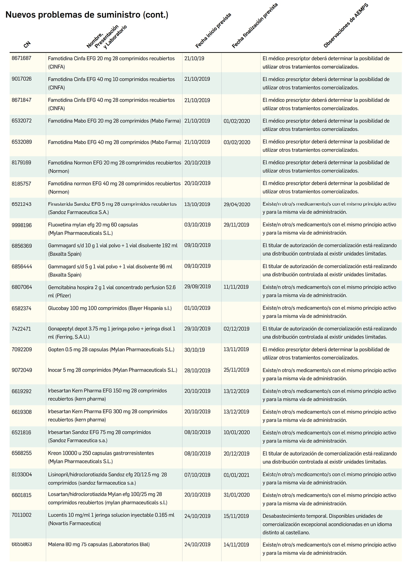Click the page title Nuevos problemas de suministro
(86, 15)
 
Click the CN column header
(27, 44)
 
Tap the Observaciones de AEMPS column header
(346, 27)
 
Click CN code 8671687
(22, 58)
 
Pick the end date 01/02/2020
(237, 121)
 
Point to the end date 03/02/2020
(237, 142)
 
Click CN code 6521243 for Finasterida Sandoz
(22, 204)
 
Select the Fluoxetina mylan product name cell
(93, 229)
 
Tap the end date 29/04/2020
(237, 204)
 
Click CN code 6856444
(22, 266)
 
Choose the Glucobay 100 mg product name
(110, 308)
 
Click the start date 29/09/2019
(197, 287)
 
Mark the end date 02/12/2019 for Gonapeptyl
(236, 329)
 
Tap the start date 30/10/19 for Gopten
(195, 350)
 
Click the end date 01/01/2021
(236, 475)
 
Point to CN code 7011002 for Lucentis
(22, 515)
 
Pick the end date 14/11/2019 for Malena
(236, 545)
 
